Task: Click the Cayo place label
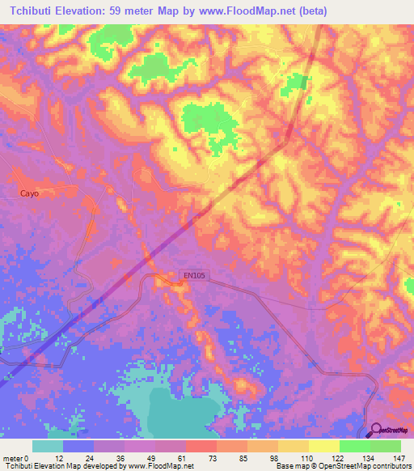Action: (30, 193)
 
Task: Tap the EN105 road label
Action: (195, 276)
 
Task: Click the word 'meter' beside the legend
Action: (13, 457)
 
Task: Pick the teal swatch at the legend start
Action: (48, 446)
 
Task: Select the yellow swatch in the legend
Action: (324, 446)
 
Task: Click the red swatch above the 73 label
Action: (201, 446)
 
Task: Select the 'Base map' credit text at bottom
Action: (294, 466)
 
